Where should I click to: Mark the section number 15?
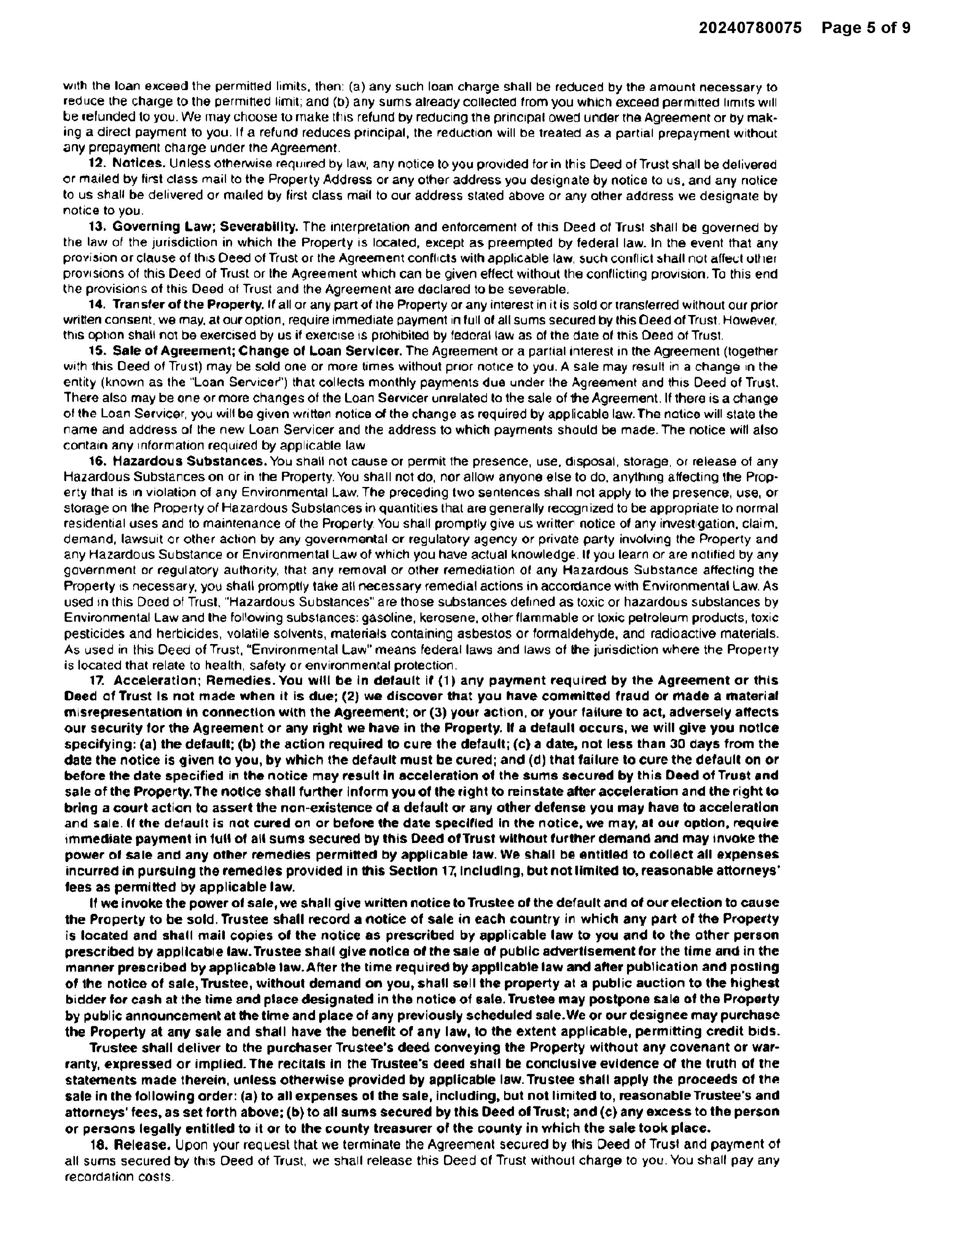[96, 352]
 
